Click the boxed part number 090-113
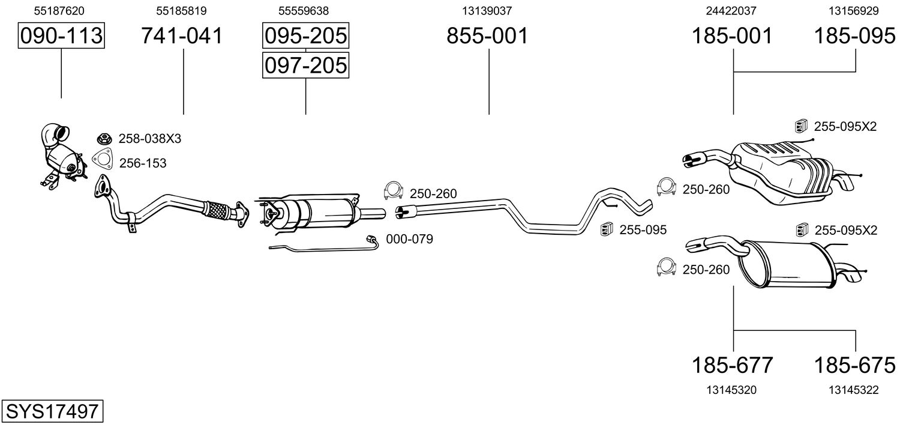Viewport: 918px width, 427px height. click(x=61, y=36)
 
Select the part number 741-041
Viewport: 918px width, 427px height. click(x=182, y=36)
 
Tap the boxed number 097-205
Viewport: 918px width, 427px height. click(x=305, y=64)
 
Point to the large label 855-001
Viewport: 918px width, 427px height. click(x=487, y=36)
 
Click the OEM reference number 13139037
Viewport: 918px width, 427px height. click(x=487, y=11)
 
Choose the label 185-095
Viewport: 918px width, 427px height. click(x=854, y=36)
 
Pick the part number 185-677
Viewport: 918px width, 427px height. click(x=732, y=365)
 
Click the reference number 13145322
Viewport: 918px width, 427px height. click(x=854, y=390)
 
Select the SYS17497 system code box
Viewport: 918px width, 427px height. click(x=52, y=411)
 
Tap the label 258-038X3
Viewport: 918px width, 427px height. click(x=149, y=139)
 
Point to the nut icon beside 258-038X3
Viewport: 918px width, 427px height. click(x=103, y=139)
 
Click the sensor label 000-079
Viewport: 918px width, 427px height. click(x=409, y=239)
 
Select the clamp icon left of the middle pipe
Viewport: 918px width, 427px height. click(x=392, y=191)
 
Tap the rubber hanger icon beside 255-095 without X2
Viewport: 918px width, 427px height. click(x=606, y=229)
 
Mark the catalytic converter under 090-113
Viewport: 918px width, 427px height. click(x=63, y=156)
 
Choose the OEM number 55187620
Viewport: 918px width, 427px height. click(x=59, y=11)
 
